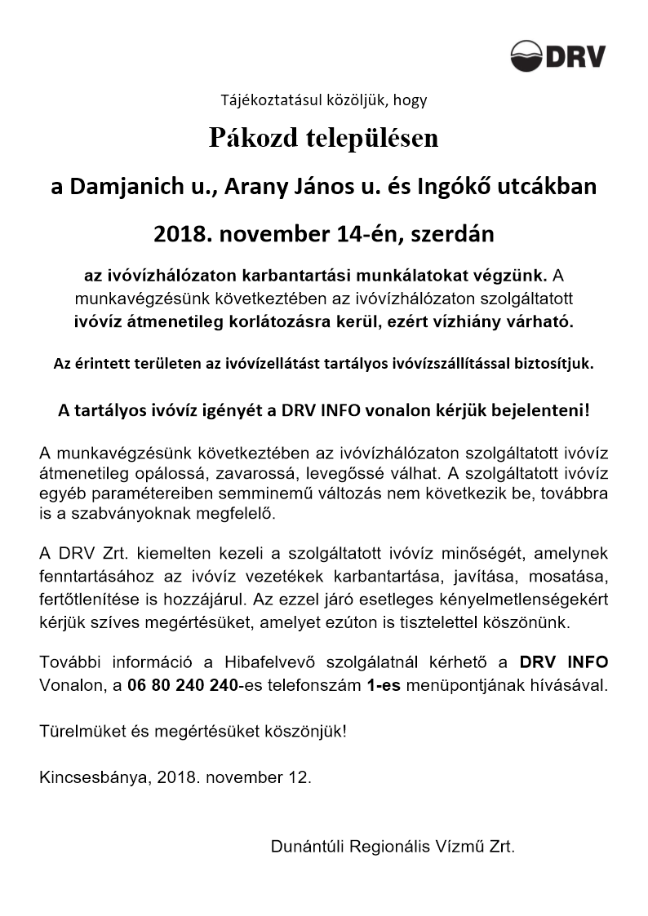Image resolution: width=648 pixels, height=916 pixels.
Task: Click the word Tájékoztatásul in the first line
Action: click(260, 101)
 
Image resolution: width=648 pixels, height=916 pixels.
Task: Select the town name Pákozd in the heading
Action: click(245, 139)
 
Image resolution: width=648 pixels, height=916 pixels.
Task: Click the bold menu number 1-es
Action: click(383, 684)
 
